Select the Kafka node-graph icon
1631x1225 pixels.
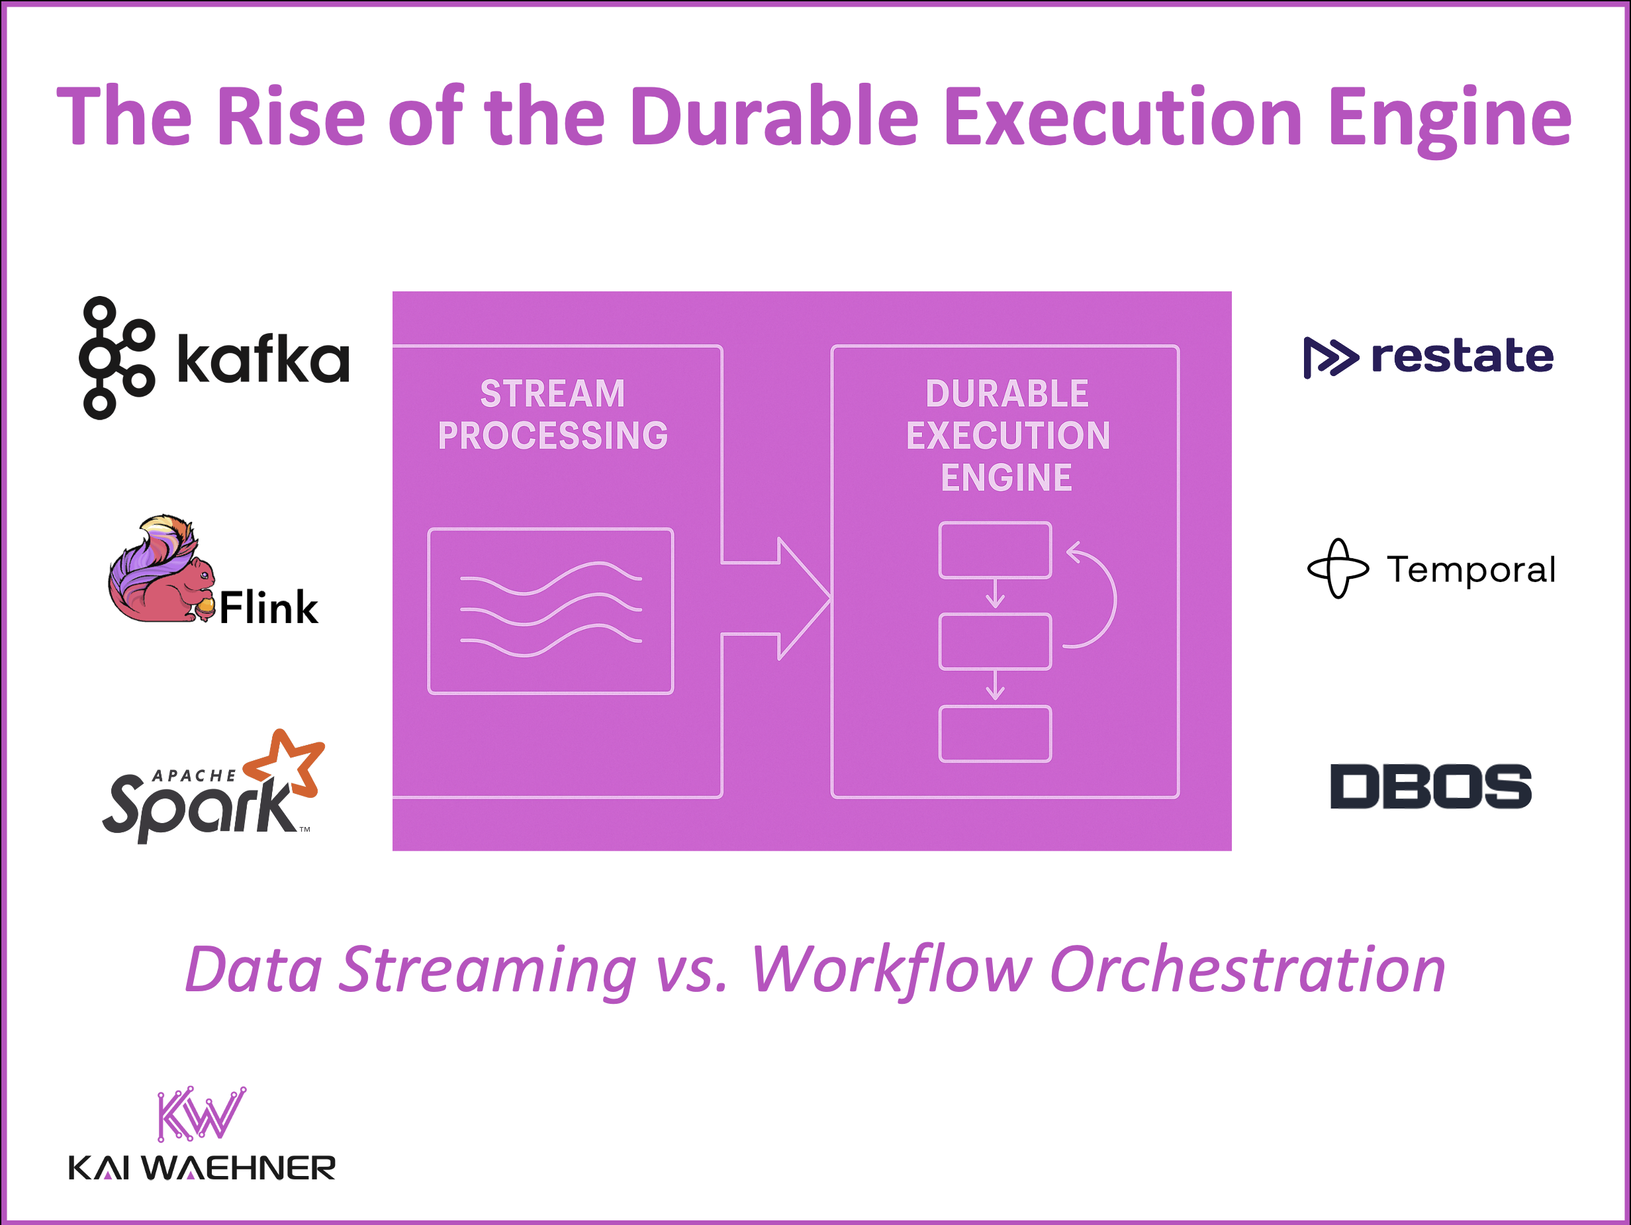click(x=116, y=358)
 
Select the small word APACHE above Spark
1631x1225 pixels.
click(x=194, y=776)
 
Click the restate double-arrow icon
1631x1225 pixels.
click(x=1329, y=358)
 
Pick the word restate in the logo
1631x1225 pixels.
click(x=1462, y=356)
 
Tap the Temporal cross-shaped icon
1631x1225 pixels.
click(x=1338, y=569)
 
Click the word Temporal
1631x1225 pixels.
click(x=1471, y=570)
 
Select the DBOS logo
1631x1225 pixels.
click(x=1430, y=786)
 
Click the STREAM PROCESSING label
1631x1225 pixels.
click(x=553, y=415)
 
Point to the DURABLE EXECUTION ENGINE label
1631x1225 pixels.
click(x=1007, y=435)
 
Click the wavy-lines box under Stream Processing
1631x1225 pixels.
click(x=550, y=611)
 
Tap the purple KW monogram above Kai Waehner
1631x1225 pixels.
click(x=201, y=1114)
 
